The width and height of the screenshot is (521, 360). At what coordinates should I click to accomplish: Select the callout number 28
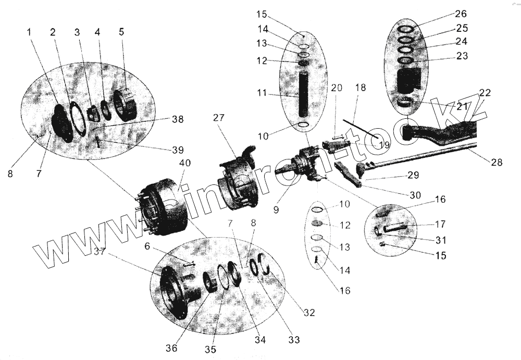[496, 162]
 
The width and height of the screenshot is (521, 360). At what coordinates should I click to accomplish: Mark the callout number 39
[178, 150]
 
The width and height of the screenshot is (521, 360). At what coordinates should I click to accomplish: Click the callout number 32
[309, 313]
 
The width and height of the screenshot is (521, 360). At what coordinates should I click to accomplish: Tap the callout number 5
[121, 32]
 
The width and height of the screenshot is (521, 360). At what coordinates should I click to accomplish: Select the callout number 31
[440, 240]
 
